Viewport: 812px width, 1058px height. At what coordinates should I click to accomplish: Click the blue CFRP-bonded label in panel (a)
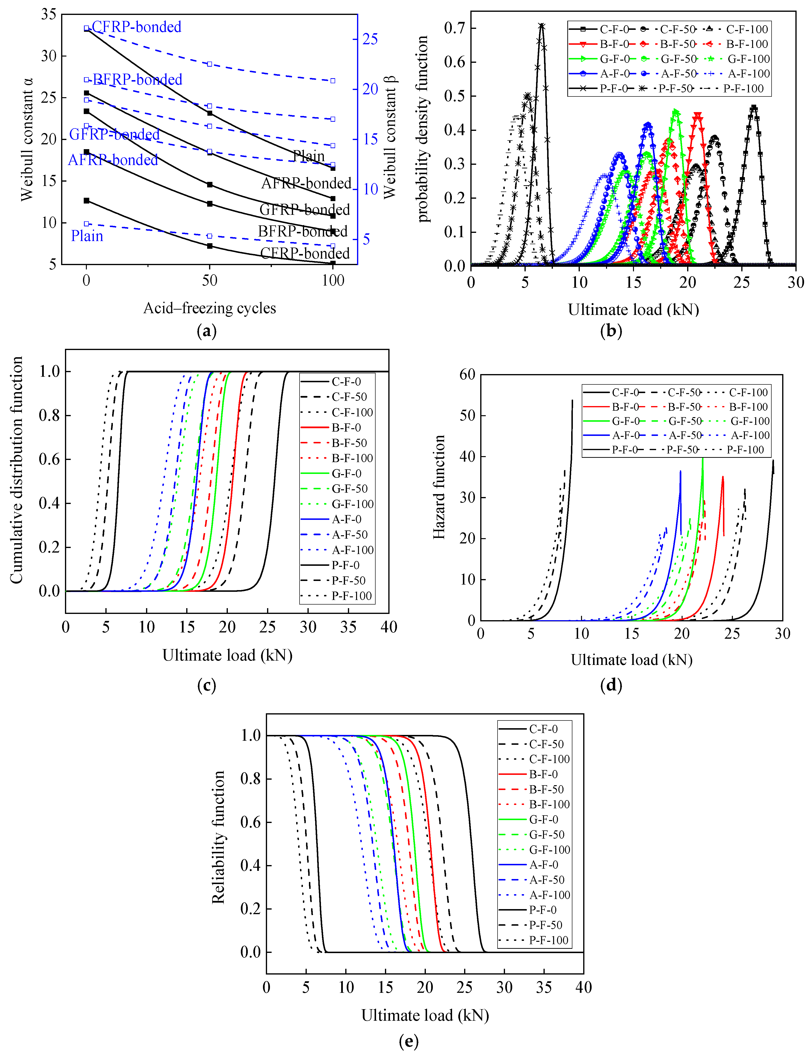(136, 27)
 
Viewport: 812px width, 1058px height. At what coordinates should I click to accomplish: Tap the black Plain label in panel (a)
(309, 156)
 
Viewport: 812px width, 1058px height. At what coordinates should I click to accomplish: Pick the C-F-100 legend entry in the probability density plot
(747, 30)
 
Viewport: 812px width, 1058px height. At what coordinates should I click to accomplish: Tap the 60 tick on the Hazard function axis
(467, 375)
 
